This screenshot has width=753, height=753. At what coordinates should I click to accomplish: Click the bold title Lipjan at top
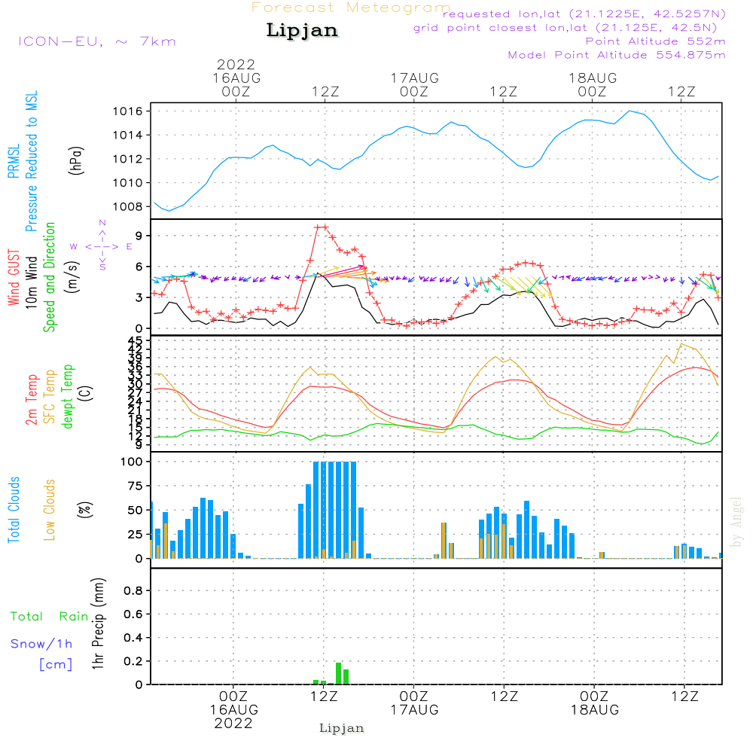302,31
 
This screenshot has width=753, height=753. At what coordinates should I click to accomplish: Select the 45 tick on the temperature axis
136,340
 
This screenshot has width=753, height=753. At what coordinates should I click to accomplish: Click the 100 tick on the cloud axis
133,462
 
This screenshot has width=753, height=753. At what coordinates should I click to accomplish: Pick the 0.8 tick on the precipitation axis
134,591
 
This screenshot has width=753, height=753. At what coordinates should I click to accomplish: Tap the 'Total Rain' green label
50,617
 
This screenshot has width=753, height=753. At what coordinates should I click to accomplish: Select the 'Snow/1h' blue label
42,644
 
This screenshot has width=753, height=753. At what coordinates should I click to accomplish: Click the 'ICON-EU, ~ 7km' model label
96,41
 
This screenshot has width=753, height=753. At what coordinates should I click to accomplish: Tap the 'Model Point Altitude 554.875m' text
617,55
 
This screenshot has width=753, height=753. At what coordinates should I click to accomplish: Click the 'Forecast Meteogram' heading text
350,8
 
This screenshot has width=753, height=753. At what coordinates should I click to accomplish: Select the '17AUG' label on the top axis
414,78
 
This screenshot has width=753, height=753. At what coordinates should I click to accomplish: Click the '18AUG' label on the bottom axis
593,710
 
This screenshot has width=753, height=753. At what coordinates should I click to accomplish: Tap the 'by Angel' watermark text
737,522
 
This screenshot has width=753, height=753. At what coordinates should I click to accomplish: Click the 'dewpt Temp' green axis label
69,397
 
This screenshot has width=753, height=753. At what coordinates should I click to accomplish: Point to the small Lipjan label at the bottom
342,728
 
